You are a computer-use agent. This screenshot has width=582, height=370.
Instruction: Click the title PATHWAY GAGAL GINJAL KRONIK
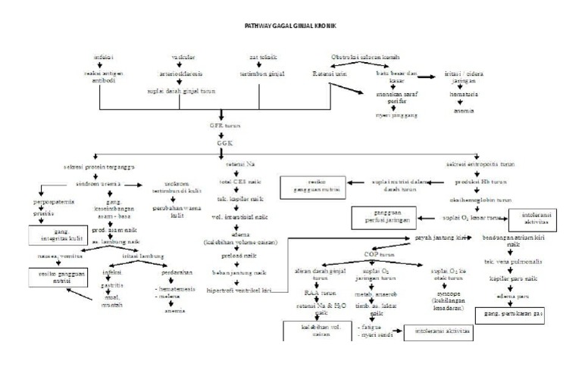tap(290, 26)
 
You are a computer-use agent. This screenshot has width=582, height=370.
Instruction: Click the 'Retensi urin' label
tap(328, 73)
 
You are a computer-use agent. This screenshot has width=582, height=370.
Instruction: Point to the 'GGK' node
tap(221, 141)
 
